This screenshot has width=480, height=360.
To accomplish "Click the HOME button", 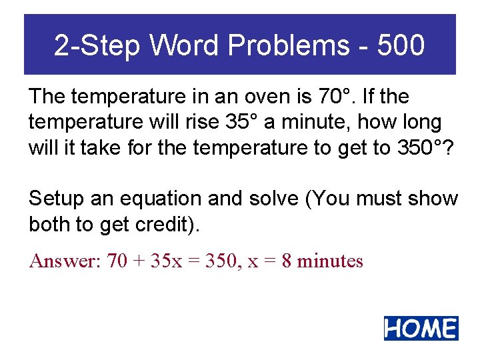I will tap(421, 328).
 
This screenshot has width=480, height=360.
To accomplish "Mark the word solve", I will tap(277, 199).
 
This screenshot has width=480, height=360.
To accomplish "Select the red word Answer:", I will tap(65, 261).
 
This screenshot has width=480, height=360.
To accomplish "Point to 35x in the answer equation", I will tap(166, 261).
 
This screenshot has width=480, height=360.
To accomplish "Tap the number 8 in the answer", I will tap(286, 261).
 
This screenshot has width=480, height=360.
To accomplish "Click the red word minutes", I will tap(330, 261).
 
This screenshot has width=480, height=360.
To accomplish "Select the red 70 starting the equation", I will tap(117, 261).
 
